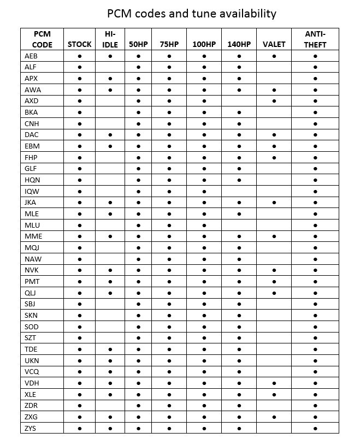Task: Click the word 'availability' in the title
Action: pos(245,13)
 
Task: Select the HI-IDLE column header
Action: pos(110,39)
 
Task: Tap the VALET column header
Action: pos(274,44)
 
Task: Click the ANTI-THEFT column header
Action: pos(315,39)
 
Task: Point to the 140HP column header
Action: pos(239,44)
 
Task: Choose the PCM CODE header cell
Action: pos(42,39)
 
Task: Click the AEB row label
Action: pos(31,56)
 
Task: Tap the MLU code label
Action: pos(32,225)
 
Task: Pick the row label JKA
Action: pos(31,203)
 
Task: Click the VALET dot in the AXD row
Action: pos(274,101)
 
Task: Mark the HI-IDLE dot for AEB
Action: pos(110,56)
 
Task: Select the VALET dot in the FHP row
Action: pos(274,157)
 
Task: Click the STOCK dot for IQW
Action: pos(79,191)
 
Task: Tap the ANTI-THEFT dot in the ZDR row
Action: pos(315,406)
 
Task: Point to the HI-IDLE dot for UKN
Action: pos(110,360)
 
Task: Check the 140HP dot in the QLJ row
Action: pos(239,293)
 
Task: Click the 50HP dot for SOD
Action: pos(138,327)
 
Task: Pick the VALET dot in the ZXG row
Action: pos(274,417)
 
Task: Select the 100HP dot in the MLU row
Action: pos(204,225)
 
